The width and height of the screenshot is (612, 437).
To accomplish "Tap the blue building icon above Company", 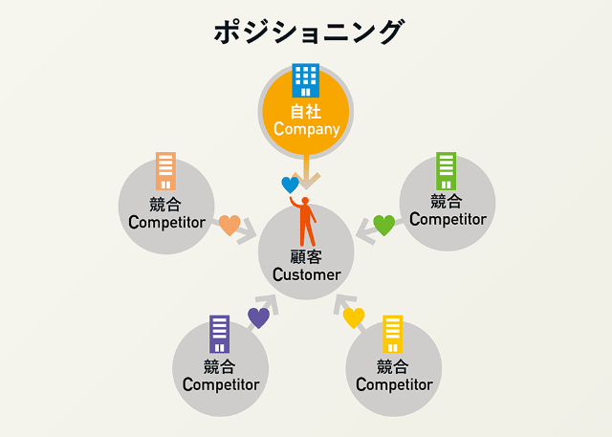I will point(306,80).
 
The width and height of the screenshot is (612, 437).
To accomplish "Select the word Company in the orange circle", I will point(306,128).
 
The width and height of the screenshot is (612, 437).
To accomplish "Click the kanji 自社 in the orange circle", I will point(306,111).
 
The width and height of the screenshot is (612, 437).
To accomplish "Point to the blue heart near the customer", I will point(290,185).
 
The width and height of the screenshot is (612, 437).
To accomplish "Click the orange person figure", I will point(306,221).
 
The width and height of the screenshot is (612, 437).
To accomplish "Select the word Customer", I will point(306,274).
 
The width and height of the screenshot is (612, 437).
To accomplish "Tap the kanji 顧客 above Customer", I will point(306,257).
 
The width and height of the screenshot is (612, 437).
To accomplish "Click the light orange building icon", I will point(165,171).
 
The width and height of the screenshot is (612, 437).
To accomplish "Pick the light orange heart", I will point(229,226).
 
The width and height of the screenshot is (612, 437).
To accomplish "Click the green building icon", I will point(446,170).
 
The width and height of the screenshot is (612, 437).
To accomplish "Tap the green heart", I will point(383,226).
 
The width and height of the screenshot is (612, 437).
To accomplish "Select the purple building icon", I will point(220,335).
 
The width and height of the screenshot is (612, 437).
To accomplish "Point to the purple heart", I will point(258,317).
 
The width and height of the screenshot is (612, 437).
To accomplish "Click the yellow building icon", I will point(392,335).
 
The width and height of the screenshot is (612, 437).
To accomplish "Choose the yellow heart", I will point(354,317).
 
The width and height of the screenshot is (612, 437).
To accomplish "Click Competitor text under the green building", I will point(447,219).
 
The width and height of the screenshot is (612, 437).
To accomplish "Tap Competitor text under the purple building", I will point(220,384).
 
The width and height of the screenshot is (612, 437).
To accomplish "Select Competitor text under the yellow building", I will point(393,384).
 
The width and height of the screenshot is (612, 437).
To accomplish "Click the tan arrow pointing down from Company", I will point(306,175).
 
